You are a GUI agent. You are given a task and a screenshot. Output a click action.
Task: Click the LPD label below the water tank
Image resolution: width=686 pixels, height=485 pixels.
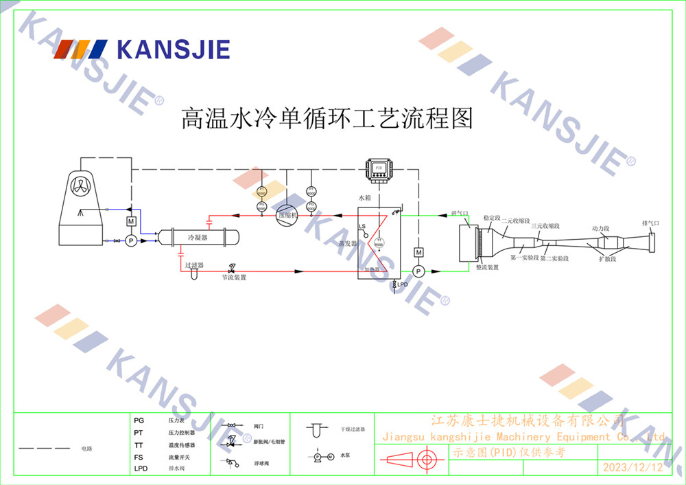[x=403, y=284]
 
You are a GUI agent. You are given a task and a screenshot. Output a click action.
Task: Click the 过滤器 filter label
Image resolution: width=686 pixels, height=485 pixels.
[x=194, y=264]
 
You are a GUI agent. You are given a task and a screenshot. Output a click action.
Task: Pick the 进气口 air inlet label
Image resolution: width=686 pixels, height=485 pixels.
[x=459, y=214]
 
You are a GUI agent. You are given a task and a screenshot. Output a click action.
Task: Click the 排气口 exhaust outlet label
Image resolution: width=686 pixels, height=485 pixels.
[x=650, y=223]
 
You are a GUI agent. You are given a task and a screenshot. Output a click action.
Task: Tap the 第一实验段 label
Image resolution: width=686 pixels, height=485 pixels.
[x=523, y=258]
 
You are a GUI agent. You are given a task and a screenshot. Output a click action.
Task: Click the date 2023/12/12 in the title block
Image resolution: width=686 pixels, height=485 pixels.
[x=632, y=468]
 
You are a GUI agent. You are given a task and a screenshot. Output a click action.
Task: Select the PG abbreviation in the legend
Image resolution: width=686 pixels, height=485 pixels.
[x=139, y=420]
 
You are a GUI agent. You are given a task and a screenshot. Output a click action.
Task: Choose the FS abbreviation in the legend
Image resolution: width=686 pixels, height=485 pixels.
[x=139, y=457]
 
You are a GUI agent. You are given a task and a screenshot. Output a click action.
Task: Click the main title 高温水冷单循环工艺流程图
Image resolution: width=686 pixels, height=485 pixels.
[x=327, y=118]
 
